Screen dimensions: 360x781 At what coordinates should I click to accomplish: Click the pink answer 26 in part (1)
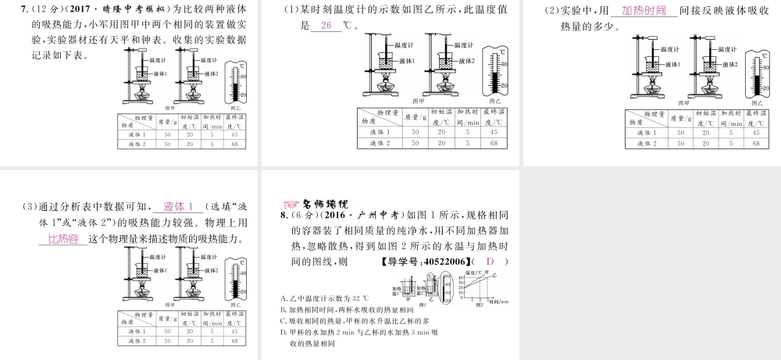326,25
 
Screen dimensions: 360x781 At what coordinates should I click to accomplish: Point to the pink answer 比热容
63,239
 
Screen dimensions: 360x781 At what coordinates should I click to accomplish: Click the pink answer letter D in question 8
490,262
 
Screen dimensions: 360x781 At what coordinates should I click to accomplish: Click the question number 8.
284,215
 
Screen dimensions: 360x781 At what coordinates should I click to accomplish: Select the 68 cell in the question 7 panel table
234,144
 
